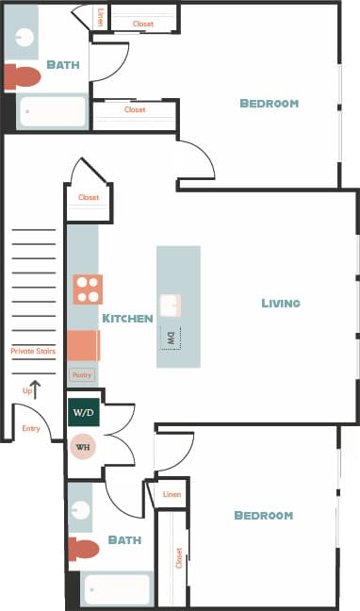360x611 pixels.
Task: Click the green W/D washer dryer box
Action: [82, 413]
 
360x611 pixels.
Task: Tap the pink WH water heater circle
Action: [82, 446]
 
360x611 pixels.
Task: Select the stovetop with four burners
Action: [88, 289]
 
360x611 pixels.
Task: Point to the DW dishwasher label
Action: [172, 337]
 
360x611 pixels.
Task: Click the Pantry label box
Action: [82, 374]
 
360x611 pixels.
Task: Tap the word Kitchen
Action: [127, 319]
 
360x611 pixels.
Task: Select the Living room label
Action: [281, 303]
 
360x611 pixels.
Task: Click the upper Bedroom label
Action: [269, 103]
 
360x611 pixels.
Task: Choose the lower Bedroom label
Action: [263, 516]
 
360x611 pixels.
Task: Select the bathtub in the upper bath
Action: [53, 111]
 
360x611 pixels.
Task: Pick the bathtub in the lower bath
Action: [116, 589]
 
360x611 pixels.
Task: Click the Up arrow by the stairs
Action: [36, 389]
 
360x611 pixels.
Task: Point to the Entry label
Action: [31, 428]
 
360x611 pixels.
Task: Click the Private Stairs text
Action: [33, 351]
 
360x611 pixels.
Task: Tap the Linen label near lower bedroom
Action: [172, 494]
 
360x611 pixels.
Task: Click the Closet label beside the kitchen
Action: [89, 197]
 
